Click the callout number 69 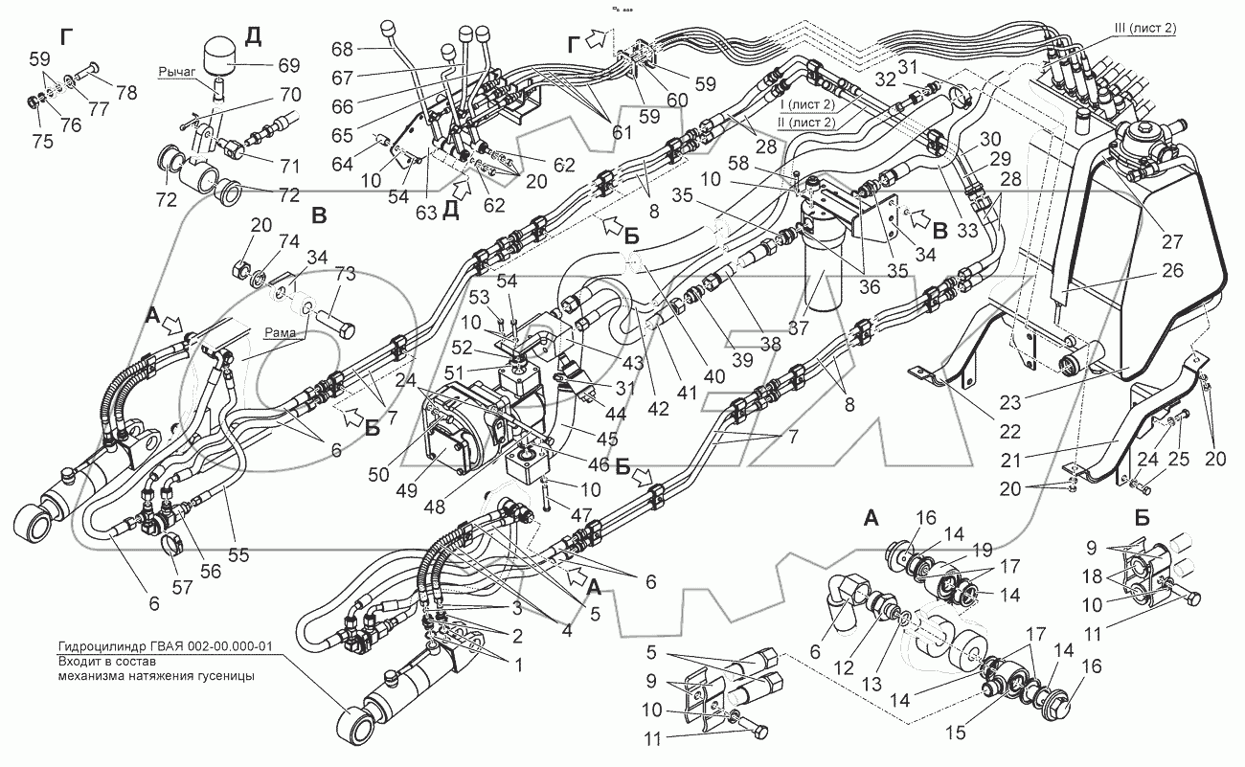[289, 65]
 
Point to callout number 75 [42, 141]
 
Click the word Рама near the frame [280, 332]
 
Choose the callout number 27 [1171, 241]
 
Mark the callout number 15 [956, 733]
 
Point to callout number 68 [343, 49]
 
